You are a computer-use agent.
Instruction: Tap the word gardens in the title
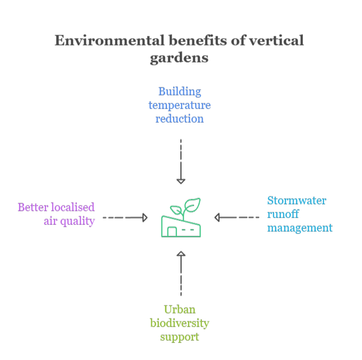[x=179, y=58]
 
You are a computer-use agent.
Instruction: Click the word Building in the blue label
[x=179, y=91]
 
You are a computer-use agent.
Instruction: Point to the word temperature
[x=179, y=105]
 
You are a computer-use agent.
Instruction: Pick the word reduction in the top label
[x=179, y=119]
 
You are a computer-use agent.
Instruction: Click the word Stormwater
[x=297, y=200]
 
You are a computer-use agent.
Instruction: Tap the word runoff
[x=283, y=214]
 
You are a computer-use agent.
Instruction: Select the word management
[x=300, y=228]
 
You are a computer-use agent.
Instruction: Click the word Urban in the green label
[x=179, y=309]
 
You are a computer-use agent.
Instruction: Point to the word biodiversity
[x=179, y=323]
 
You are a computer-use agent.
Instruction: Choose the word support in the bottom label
[x=179, y=337]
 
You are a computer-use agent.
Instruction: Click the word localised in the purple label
[x=71, y=207]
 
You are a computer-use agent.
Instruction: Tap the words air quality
[x=69, y=221]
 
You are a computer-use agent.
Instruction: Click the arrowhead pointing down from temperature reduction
[x=180, y=181]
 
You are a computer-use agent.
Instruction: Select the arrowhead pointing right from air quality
[x=145, y=217]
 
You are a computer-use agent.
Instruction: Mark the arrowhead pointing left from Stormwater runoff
[x=217, y=217]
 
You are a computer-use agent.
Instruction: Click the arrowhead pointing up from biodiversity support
[x=180, y=254]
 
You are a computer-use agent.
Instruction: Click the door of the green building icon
[x=171, y=232]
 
